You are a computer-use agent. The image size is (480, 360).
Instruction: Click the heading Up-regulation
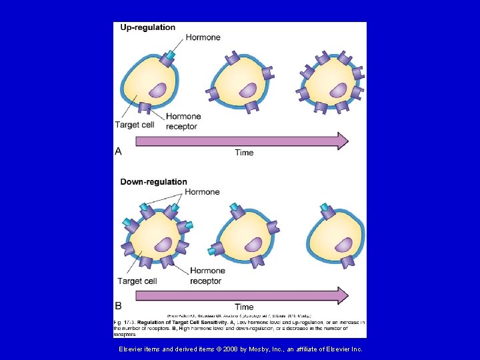147,27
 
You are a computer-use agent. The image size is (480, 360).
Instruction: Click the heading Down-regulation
153,182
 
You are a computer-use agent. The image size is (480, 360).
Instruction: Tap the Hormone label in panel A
203,37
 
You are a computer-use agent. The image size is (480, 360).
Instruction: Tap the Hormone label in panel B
202,192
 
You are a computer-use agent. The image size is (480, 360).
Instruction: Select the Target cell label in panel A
135,125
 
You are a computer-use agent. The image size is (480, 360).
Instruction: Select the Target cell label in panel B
137,281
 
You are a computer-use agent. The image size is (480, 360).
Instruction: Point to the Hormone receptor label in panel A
183,121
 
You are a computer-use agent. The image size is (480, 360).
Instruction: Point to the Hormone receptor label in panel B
207,275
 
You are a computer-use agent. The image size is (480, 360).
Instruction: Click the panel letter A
118,151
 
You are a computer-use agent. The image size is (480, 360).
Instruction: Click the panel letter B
118,306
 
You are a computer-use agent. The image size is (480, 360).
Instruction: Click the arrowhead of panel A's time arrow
342,141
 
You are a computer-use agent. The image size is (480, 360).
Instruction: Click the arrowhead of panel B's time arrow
342,295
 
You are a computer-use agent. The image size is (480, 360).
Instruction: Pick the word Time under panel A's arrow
244,153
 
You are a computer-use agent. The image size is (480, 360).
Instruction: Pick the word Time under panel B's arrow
244,307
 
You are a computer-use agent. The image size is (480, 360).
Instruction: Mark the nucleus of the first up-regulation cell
157,91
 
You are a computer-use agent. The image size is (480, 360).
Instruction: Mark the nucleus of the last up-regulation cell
338,90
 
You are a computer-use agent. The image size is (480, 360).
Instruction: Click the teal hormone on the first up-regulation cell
171,54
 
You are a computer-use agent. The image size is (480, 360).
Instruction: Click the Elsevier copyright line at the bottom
240,349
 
